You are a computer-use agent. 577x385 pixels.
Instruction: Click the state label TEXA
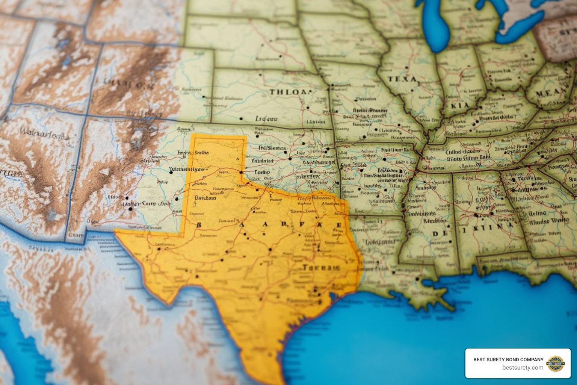point(402,79)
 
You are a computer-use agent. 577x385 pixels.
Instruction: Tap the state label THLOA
point(290,92)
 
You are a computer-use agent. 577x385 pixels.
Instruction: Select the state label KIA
point(460,106)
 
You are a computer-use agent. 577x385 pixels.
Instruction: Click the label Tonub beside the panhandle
point(262,172)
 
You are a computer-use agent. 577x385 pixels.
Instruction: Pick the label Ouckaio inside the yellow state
point(205,197)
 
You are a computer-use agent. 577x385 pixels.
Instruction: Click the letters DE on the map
point(440,233)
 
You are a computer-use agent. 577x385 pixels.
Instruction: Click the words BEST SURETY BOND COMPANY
point(508,359)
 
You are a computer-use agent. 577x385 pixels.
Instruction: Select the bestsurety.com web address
point(523,368)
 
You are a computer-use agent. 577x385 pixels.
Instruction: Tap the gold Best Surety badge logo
point(555,364)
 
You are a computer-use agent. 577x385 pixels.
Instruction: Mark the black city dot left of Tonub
point(241,172)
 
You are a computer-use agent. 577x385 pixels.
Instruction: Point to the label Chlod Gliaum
point(463,152)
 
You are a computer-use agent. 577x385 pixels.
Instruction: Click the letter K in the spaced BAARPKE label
point(320,224)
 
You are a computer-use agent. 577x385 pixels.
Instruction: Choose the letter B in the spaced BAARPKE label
point(199,225)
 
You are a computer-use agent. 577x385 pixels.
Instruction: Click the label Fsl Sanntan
point(273,148)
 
